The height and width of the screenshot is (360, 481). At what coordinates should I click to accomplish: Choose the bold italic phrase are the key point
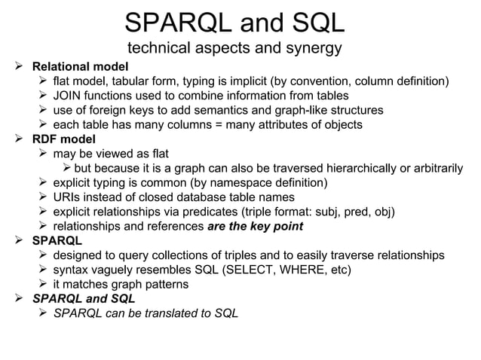255,225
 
